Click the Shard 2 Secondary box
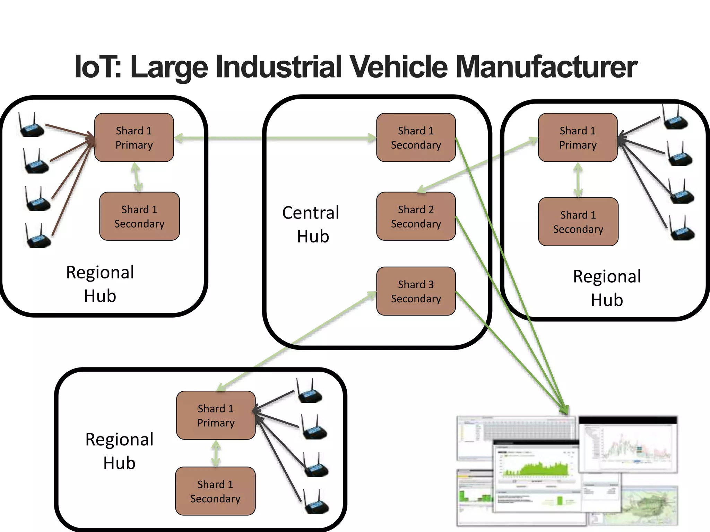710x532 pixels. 416,216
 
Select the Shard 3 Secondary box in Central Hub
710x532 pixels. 416,291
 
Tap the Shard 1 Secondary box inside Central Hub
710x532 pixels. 416,138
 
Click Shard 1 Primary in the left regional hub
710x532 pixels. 134,138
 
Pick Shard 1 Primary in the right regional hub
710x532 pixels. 578,138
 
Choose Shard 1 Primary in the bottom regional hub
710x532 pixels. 216,415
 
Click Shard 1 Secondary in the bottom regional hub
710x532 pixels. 215,491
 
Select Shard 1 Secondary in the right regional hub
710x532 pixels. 578,222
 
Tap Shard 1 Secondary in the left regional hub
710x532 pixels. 139,216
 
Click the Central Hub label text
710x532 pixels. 311,224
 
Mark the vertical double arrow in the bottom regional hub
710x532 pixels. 216,453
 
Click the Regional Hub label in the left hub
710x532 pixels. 100,284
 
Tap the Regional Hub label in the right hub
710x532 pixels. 607,288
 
